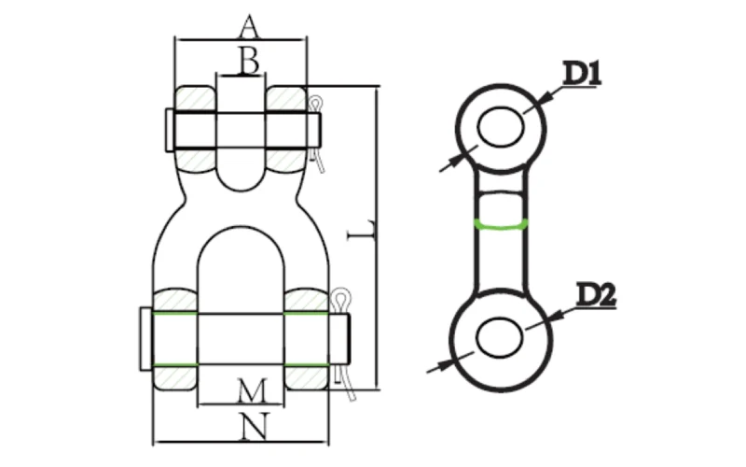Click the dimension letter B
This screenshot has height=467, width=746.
tap(247, 62)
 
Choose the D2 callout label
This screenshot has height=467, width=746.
tap(593, 295)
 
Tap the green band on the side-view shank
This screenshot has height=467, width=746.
tap(502, 224)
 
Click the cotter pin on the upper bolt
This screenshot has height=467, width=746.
tap(320, 131)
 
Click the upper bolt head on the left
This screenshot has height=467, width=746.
tap(167, 129)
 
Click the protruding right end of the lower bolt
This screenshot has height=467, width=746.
tap(339, 338)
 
